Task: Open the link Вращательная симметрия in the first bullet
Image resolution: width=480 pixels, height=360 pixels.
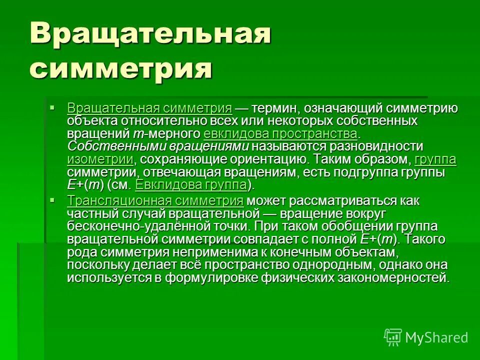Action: coord(149,108)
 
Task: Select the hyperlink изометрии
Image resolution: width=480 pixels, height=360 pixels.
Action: coord(100,159)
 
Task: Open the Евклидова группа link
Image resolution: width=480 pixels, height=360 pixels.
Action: coord(191,185)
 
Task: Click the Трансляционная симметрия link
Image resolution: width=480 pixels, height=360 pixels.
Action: coord(155,201)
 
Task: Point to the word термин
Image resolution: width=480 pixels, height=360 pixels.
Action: coord(273,108)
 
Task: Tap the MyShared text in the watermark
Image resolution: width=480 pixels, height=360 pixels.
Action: coord(436,337)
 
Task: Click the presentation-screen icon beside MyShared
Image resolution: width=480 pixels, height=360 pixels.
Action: coord(393,337)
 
